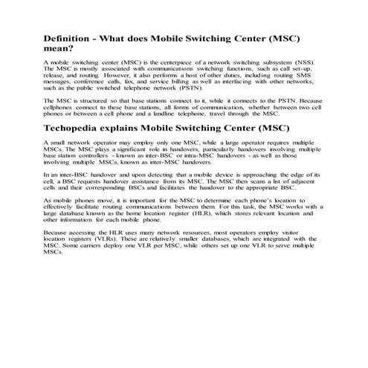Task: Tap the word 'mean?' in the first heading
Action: click(61, 49)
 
